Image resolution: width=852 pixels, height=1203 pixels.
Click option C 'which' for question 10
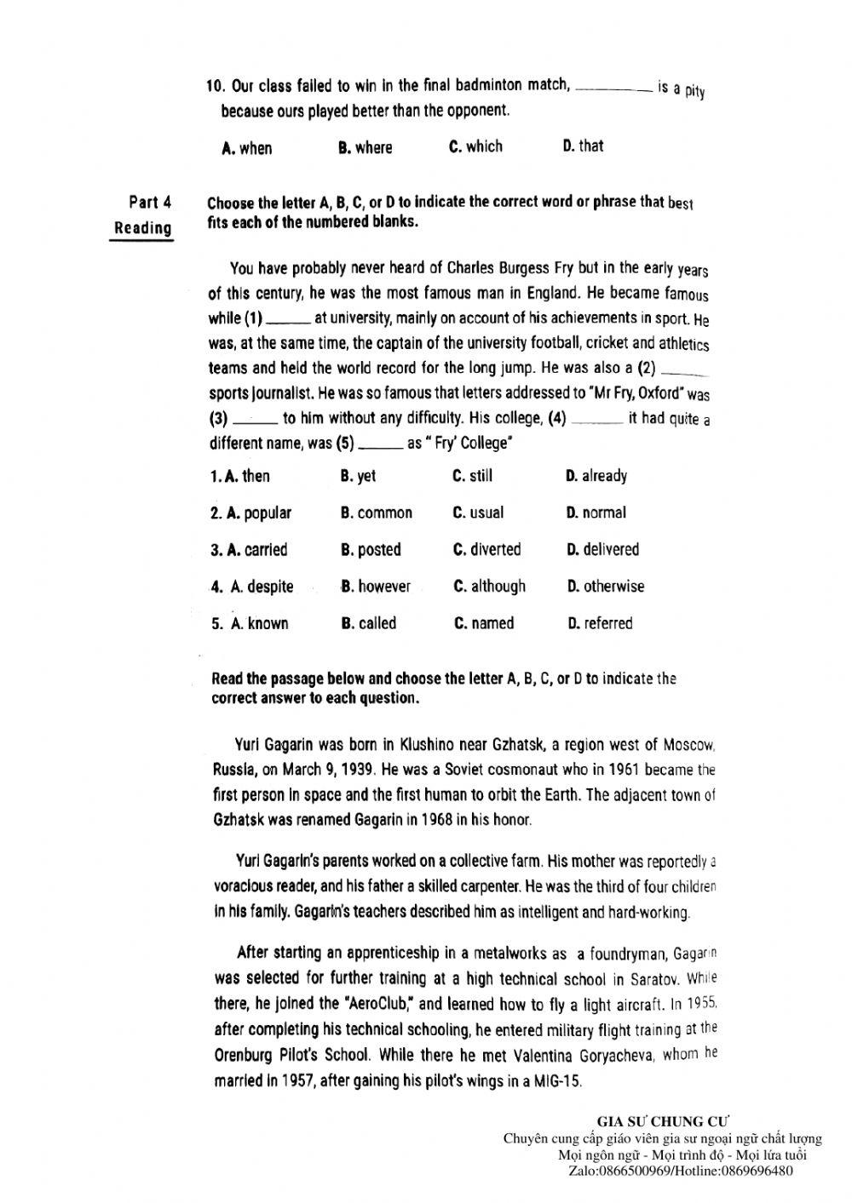tap(475, 146)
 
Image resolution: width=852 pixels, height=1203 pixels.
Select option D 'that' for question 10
tap(583, 146)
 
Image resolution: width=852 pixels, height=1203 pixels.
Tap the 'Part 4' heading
tap(150, 203)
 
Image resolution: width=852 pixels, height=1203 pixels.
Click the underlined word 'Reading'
tap(142, 228)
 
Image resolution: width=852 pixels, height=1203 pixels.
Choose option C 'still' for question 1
tap(473, 476)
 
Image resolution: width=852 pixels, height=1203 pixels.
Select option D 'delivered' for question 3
tap(603, 550)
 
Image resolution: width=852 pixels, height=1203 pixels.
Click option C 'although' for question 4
tap(490, 587)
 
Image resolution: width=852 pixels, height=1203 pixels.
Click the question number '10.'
tap(215, 86)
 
